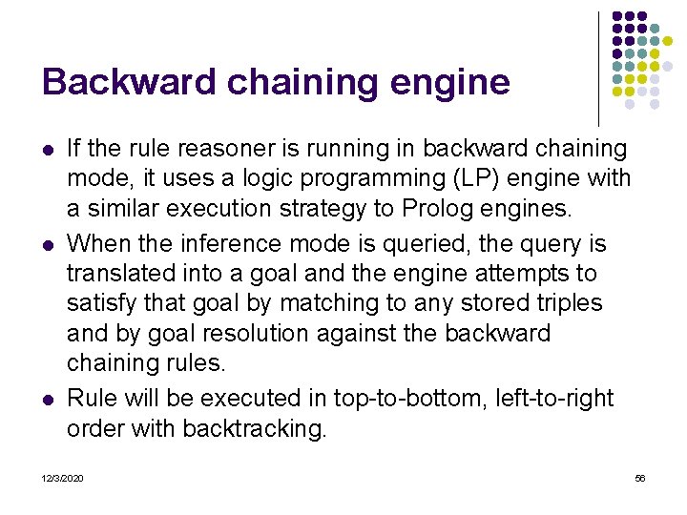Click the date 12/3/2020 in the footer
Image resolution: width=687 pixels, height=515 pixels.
[62, 477]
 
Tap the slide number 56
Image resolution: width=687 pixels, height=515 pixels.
[640, 477]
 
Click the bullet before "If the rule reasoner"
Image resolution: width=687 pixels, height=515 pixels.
[49, 150]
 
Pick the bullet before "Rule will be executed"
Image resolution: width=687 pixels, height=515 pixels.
[49, 398]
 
